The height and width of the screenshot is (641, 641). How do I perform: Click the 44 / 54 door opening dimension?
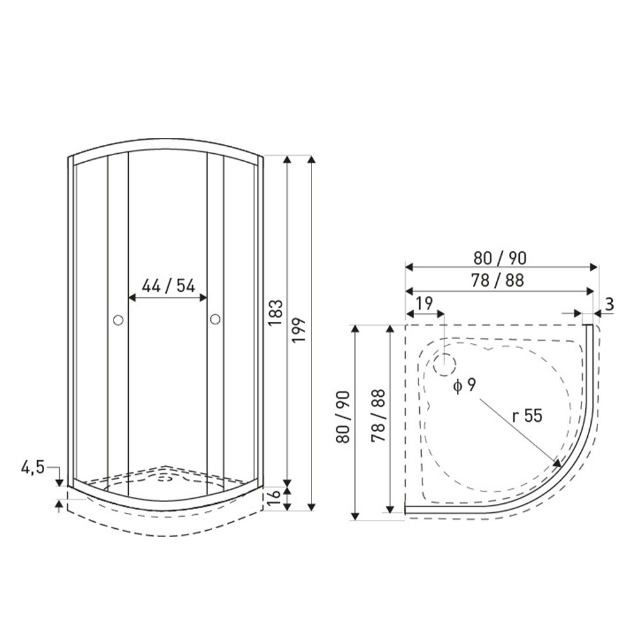coord(169,286)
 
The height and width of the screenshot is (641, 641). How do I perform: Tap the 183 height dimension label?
coord(276,313)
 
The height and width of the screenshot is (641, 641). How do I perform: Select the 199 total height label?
coord(299,330)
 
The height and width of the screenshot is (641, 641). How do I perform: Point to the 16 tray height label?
coord(276,496)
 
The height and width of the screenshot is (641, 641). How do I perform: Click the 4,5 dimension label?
coord(33,467)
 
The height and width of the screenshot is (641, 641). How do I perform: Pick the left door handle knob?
coord(118,320)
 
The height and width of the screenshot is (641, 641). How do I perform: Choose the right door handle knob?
coord(215,319)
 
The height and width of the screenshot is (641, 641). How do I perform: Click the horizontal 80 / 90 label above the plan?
coord(500,258)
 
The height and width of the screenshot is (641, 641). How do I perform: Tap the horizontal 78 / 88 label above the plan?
coord(497,281)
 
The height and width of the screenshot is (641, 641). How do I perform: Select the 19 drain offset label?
coord(425,303)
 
